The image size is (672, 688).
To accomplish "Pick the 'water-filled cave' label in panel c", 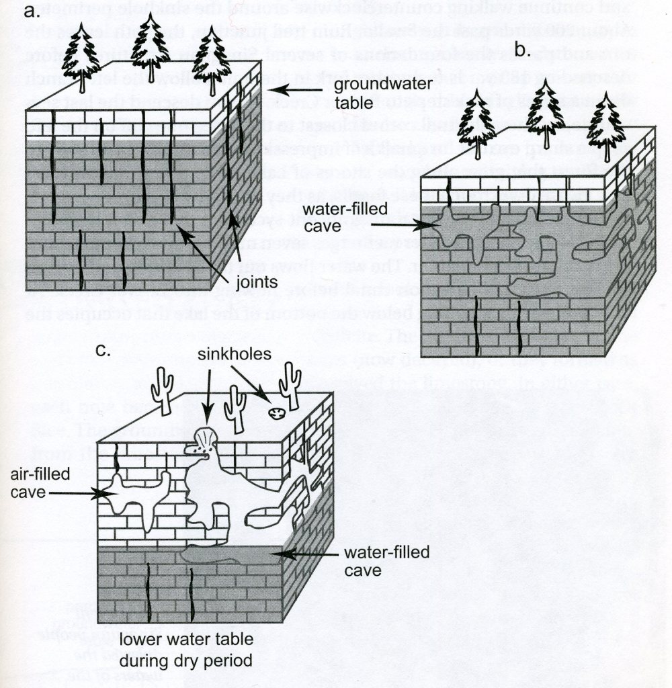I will click(x=371, y=562).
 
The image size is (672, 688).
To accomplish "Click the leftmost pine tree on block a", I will click(x=81, y=58).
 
